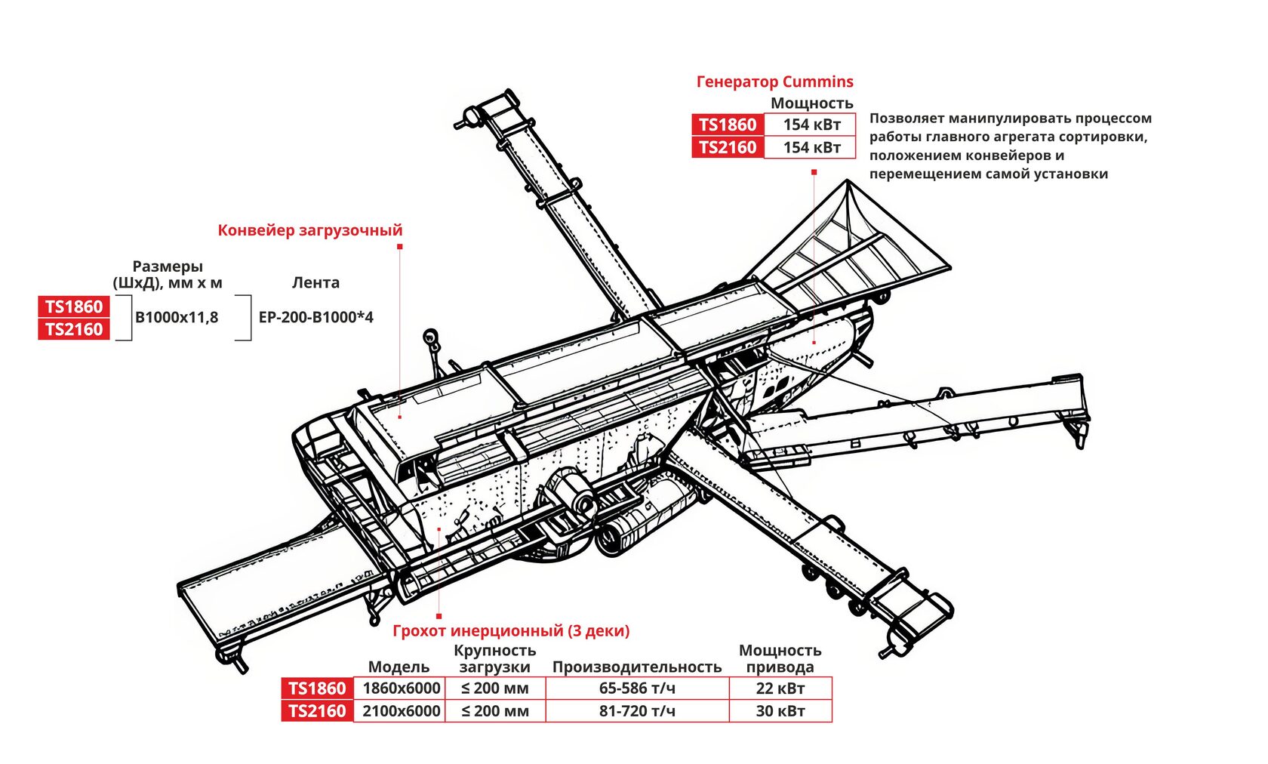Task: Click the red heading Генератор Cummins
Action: [x=774, y=82]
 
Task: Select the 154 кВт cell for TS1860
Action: [x=811, y=125]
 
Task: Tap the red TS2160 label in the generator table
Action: [x=728, y=147]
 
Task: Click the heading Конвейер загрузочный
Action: [x=309, y=230]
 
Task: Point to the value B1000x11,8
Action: [x=177, y=318]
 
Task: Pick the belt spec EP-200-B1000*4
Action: [x=315, y=318]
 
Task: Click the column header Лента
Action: [x=315, y=282]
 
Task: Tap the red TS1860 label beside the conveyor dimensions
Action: [x=74, y=307]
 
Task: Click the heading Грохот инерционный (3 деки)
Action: [x=511, y=630]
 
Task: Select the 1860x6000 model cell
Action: [x=401, y=689]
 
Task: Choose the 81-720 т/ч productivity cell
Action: [x=637, y=711]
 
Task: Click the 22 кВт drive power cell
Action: [x=780, y=689]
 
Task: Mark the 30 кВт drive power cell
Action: [x=780, y=711]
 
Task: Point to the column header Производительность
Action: [x=637, y=667]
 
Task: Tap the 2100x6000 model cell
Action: [x=401, y=711]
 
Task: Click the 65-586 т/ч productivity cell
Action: [x=637, y=689]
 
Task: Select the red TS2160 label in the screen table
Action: [x=317, y=711]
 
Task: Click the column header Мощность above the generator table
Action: [x=811, y=103]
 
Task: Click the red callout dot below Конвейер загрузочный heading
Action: [x=399, y=247]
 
